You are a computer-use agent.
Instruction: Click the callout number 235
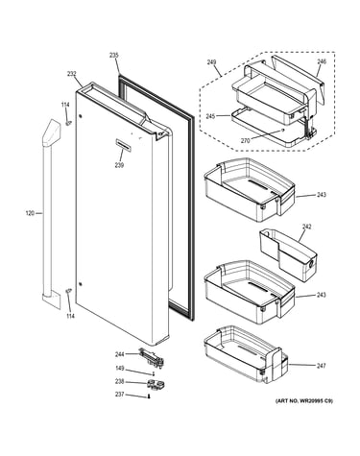click(114, 56)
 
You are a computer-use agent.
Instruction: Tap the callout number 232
click(72, 74)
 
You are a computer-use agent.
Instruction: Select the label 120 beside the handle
click(30, 213)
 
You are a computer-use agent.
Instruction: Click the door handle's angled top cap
click(51, 133)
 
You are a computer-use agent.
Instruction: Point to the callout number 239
click(119, 165)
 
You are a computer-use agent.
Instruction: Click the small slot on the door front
click(123, 144)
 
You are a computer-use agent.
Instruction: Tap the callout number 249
click(211, 62)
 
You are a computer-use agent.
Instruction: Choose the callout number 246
click(322, 61)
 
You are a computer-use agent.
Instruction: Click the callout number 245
click(210, 116)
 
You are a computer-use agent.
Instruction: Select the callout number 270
click(246, 140)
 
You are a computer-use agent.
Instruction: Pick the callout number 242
click(306, 227)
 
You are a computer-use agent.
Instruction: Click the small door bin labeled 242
click(288, 254)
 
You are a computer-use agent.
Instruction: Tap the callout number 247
click(321, 366)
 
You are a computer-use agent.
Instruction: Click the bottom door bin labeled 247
click(246, 354)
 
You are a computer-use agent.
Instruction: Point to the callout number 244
click(120, 354)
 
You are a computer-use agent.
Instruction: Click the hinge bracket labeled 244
click(152, 356)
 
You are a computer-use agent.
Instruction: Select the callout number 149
click(119, 369)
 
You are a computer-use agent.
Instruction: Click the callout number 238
click(119, 381)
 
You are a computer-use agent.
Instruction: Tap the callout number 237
click(119, 395)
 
